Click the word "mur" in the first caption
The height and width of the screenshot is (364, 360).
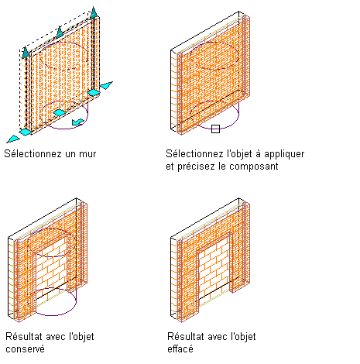tap(87, 154)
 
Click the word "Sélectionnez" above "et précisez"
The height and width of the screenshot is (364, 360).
tap(194, 153)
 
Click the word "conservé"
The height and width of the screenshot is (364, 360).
tap(25, 349)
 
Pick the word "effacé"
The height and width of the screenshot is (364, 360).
tap(180, 349)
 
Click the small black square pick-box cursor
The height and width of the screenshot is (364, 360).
tap(215, 129)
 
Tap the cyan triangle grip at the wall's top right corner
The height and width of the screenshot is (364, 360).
tap(94, 13)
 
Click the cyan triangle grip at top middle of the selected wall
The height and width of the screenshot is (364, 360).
tap(60, 32)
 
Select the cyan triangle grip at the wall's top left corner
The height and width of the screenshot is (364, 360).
tap(25, 52)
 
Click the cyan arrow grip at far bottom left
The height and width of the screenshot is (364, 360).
tap(13, 139)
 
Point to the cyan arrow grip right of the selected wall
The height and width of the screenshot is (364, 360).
tap(106, 85)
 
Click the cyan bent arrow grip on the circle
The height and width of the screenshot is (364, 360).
tap(77, 122)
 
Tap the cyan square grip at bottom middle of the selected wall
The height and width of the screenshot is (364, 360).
tap(60, 112)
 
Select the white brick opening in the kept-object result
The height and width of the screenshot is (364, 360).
tap(51, 269)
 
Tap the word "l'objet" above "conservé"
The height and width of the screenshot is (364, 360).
tap(82, 337)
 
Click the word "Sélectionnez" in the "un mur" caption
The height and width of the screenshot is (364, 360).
tap(33, 154)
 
